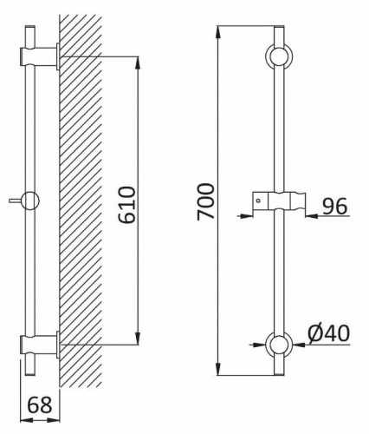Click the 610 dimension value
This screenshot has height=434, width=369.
pyautogui.click(x=127, y=205)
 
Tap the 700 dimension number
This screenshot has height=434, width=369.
pyautogui.click(x=205, y=201)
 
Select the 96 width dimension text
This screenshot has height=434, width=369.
pyautogui.click(x=334, y=207)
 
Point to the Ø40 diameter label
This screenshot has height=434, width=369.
pyautogui.click(x=329, y=333)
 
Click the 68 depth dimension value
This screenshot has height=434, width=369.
pyautogui.click(x=40, y=404)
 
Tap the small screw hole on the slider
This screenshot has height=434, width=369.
pyautogui.click(x=258, y=200)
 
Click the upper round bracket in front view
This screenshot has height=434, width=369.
pyautogui.click(x=279, y=56)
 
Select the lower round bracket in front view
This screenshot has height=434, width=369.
pyautogui.click(x=279, y=345)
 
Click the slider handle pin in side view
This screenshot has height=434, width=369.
pyautogui.click(x=16, y=200)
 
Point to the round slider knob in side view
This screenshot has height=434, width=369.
pyautogui.click(x=30, y=201)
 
